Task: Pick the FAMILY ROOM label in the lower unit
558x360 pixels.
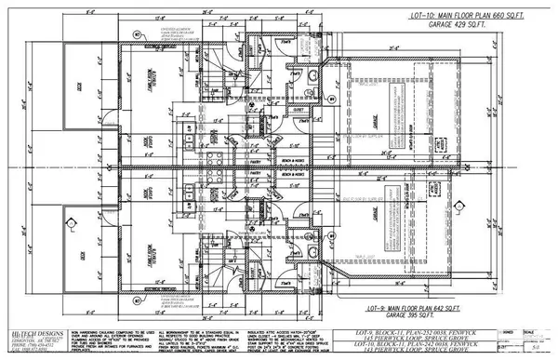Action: (x=149, y=266)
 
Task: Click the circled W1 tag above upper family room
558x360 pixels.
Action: (x=137, y=34)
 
